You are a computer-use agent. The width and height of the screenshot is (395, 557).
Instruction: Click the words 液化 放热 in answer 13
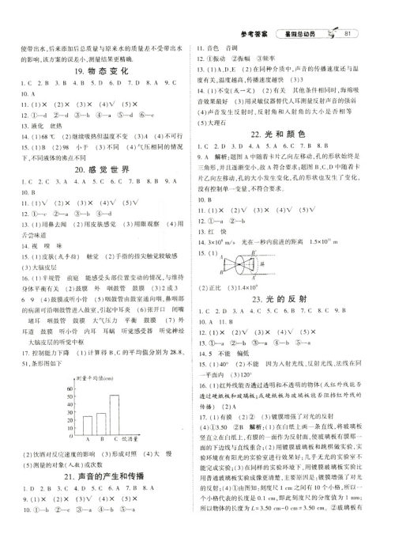tap(37, 104)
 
